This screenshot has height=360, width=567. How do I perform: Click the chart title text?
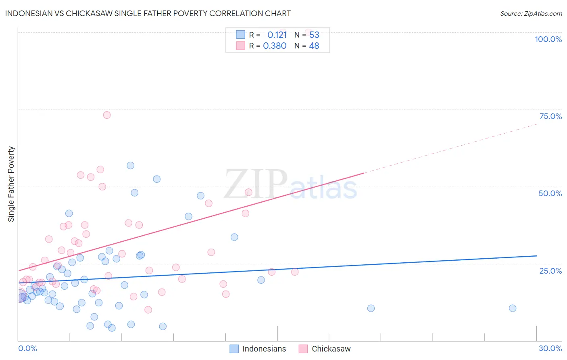pyautogui.click(x=148, y=13)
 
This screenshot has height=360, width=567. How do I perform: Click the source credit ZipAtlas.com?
pyautogui.click(x=531, y=13)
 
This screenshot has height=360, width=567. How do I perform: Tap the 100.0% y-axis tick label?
pyautogui.click(x=548, y=39)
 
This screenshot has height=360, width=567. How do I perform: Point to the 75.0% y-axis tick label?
pyautogui.click(x=550, y=116)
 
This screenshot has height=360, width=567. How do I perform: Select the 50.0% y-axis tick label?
pyautogui.click(x=550, y=193)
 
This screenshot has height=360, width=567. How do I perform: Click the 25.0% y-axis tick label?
pyautogui.click(x=550, y=271)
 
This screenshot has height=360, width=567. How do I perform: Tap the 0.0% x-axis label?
pyautogui.click(x=27, y=348)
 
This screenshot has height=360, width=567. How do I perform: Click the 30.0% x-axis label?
pyautogui.click(x=550, y=348)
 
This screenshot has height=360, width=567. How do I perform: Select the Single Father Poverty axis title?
pyautogui.click(x=11, y=184)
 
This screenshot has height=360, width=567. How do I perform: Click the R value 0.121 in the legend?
pyautogui.click(x=277, y=35)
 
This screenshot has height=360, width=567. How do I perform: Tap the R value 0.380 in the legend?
pyautogui.click(x=275, y=46)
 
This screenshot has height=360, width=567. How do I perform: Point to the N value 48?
pyautogui.click(x=314, y=46)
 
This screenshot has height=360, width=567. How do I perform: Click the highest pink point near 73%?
pyautogui.click(x=107, y=115)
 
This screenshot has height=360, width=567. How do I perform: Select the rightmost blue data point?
pyautogui.click(x=513, y=308)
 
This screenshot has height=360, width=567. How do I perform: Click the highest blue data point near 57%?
pyautogui.click(x=131, y=165)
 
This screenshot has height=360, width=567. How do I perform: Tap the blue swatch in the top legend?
pyautogui.click(x=240, y=35)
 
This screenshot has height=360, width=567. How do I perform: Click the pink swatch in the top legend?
pyautogui.click(x=240, y=46)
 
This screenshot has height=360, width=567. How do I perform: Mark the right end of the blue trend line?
pyautogui.click(x=536, y=256)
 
